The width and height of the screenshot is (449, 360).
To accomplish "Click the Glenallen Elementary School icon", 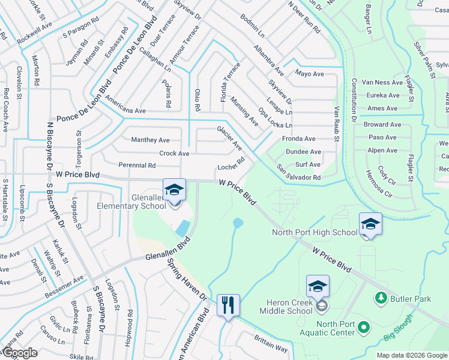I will pyautogui.click(x=173, y=190).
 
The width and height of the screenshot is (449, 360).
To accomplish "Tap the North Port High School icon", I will pyautogui.click(x=370, y=224).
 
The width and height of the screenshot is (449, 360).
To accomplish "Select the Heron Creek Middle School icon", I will pyautogui.click(x=318, y=286).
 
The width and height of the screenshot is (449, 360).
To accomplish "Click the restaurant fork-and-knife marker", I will pyautogui.click(x=228, y=305).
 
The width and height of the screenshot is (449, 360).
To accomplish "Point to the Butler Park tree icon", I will pyautogui.click(x=380, y=298).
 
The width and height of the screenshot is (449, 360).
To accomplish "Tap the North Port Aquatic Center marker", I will pyautogui.click(x=364, y=327).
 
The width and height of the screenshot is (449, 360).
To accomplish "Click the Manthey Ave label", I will pyautogui.click(x=150, y=140).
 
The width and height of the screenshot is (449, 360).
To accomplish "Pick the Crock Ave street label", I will pyautogui.click(x=174, y=154).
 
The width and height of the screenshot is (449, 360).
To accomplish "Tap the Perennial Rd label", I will pyautogui.click(x=137, y=165).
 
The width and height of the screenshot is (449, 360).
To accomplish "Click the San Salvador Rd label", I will pyautogui.click(x=298, y=173).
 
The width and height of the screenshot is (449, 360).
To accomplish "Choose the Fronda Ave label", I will pyautogui.click(x=298, y=139).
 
